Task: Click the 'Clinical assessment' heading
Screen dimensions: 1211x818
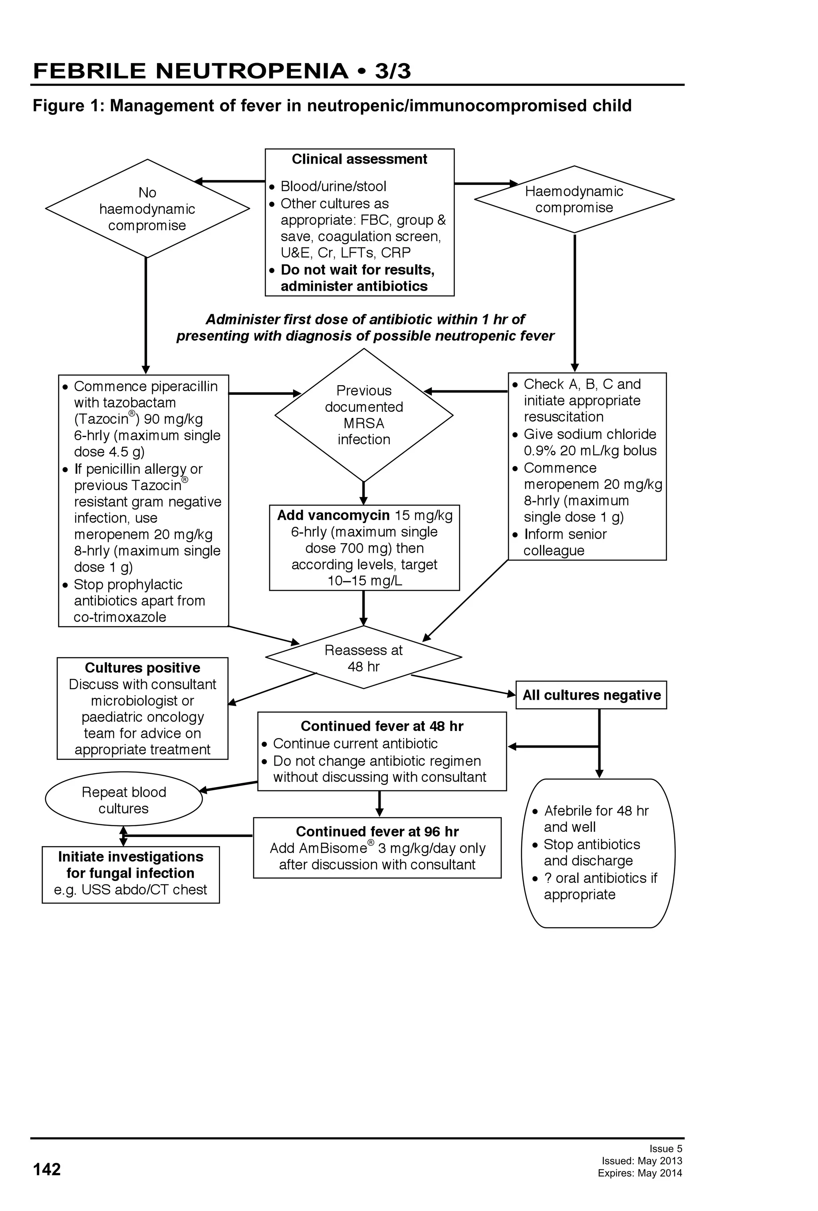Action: [359, 159]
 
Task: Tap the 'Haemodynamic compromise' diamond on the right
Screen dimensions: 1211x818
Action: [574, 200]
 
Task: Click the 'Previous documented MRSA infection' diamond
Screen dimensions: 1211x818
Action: [363, 415]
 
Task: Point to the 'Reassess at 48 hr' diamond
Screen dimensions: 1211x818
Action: [363, 658]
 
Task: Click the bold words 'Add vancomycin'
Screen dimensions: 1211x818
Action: [333, 515]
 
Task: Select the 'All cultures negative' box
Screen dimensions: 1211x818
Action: [591, 695]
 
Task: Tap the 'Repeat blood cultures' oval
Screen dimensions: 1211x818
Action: [123, 800]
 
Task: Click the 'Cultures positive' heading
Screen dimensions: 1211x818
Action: [142, 668]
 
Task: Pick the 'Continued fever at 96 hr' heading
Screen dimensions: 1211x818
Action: [377, 832]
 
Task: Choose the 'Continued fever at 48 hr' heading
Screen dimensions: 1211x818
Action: [381, 726]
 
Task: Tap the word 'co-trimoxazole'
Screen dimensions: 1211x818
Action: [120, 617]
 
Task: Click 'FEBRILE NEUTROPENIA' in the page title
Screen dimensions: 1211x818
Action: [190, 71]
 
